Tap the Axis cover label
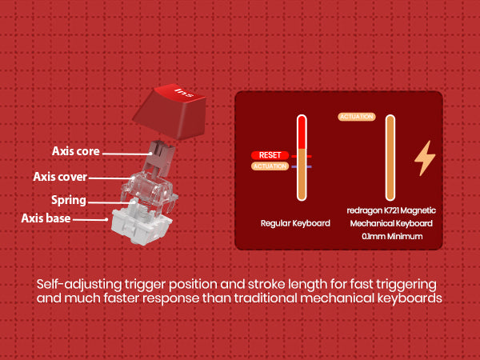(x=60, y=177)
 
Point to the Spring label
(x=69, y=200)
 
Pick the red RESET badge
(x=269, y=155)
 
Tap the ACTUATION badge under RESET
(x=270, y=166)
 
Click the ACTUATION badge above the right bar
(x=357, y=117)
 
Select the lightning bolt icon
(x=423, y=158)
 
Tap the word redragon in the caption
(x=363, y=210)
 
